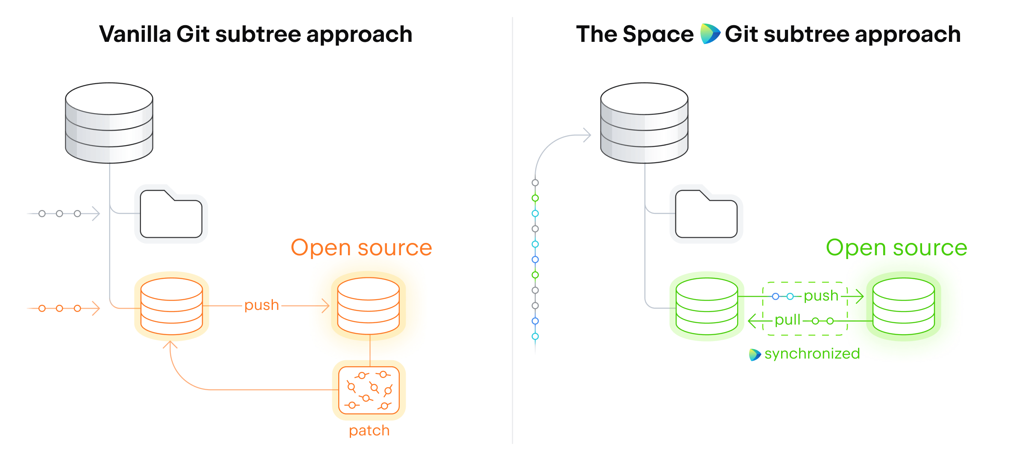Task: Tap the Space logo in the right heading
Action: point(709,34)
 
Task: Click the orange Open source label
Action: point(361,248)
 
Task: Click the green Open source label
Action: point(896,248)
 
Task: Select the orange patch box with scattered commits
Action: point(369,390)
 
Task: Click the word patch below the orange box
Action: point(369,430)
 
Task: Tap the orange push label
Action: point(261,305)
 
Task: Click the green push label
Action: point(821,296)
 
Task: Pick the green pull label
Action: point(787,320)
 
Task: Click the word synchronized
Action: point(812,354)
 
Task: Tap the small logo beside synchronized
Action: point(755,354)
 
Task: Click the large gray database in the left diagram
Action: point(109,123)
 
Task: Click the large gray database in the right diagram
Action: point(644,123)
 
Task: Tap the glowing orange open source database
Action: point(368,306)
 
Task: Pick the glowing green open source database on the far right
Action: point(903,306)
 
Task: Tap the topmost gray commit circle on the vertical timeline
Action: point(535,183)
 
